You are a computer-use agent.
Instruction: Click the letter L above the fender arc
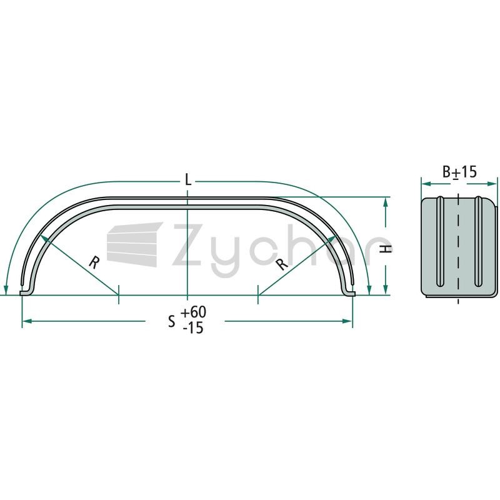(x=188, y=181)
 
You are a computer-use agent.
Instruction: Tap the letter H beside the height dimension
(x=386, y=249)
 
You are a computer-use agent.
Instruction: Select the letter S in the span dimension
(x=172, y=321)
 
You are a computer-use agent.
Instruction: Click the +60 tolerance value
(x=194, y=312)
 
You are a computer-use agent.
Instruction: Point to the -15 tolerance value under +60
(x=193, y=327)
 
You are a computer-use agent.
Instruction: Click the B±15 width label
(x=459, y=172)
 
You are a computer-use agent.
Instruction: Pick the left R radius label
(x=93, y=262)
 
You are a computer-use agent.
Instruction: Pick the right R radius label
(x=282, y=264)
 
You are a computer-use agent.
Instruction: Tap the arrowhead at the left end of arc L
(x=6, y=289)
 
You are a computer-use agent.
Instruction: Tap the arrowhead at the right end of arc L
(x=369, y=289)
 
